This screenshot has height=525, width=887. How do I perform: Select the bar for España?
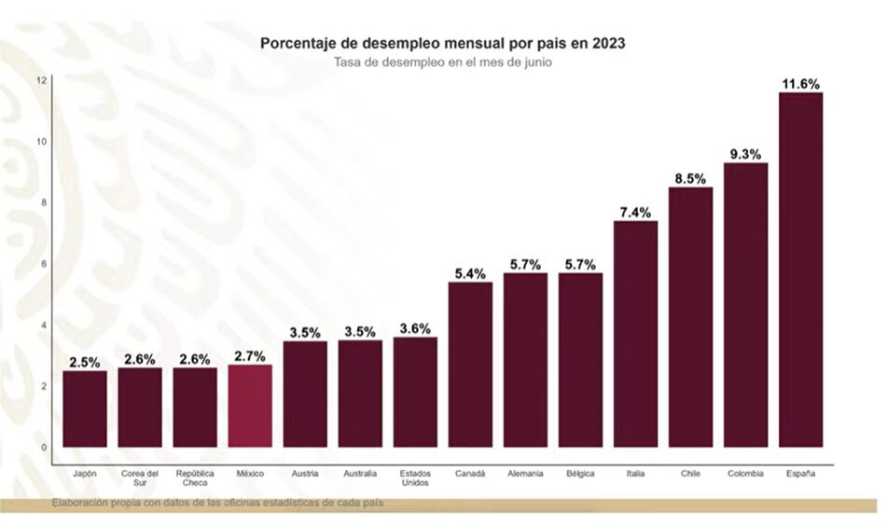point(800,270)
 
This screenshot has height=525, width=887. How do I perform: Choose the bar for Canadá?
point(470,365)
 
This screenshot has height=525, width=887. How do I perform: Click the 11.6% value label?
point(800,84)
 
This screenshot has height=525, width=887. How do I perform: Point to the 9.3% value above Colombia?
point(745,154)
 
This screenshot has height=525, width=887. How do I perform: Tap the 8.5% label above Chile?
point(690,178)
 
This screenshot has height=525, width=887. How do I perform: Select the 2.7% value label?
point(250,356)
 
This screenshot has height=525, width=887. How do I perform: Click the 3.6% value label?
point(415,328)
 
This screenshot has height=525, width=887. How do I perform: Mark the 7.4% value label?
point(635,212)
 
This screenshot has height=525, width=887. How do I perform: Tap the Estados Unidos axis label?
point(415,478)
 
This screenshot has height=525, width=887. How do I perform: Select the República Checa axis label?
point(195,478)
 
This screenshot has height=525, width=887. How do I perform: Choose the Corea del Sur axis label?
point(140,478)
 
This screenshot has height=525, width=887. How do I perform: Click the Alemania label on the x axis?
point(525,474)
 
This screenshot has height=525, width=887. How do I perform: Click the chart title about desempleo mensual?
point(443,43)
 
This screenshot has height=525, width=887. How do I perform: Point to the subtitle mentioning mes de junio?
point(443,62)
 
